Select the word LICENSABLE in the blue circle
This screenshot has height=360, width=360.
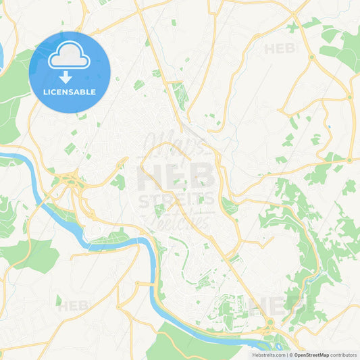[70, 92]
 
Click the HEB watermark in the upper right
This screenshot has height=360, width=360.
[280, 49]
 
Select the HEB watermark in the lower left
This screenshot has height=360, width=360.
[72, 306]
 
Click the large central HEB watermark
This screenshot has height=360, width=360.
[177, 177]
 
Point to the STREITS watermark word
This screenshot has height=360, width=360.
[177, 199]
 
